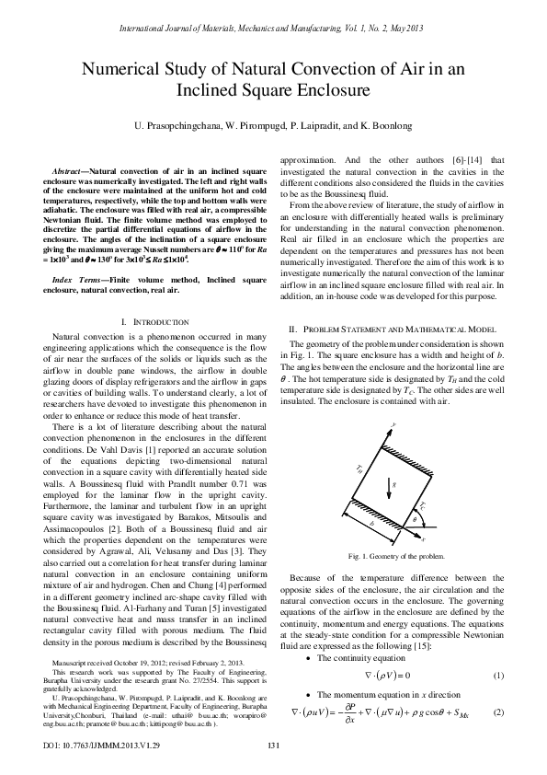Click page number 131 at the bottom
click(x=273, y=745)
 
